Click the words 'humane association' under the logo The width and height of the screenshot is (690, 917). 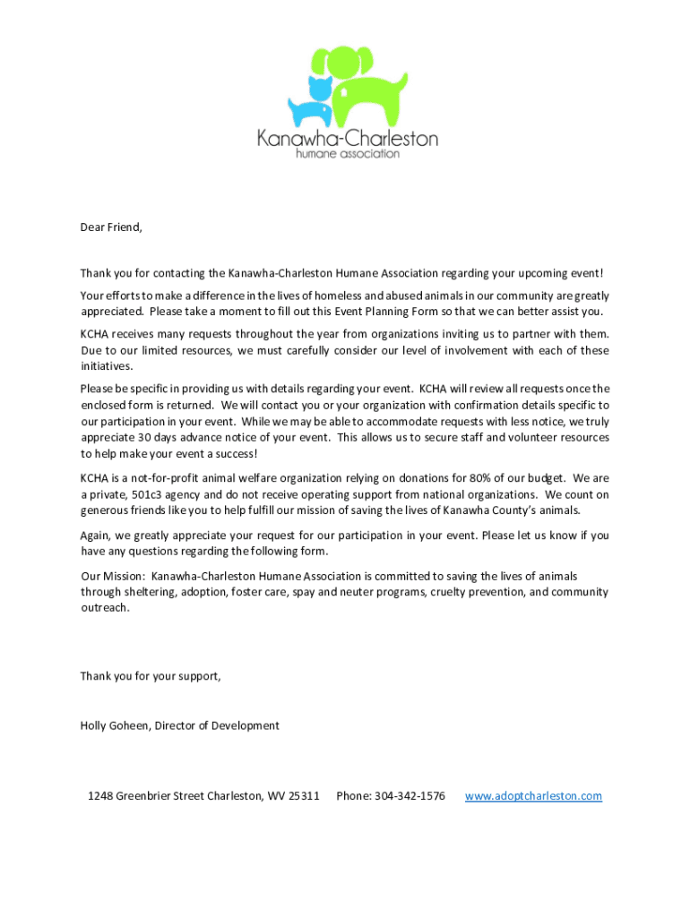pos(348,153)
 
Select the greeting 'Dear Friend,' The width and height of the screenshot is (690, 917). pos(111,227)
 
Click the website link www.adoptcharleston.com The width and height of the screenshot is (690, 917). pos(533,796)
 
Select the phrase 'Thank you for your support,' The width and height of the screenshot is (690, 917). pos(151,676)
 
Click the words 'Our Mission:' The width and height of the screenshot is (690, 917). pos(113,576)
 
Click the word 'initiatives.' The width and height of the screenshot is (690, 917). pos(107,366)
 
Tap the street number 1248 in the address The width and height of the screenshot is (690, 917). pos(100,796)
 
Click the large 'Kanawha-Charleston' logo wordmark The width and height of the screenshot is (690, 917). pos(348,138)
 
